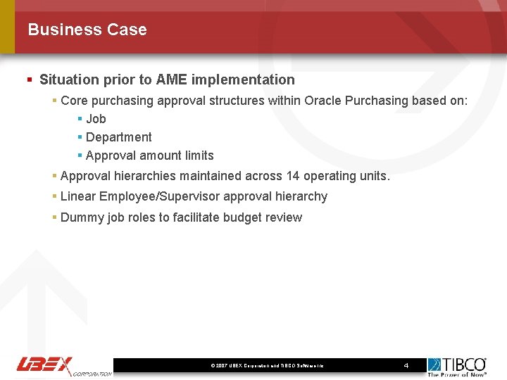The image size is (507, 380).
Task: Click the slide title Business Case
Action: (87, 30)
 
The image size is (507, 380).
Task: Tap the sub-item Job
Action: (96, 119)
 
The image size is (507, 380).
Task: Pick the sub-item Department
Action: (118, 137)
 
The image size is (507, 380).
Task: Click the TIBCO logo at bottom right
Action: (457, 366)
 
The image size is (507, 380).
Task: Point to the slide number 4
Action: (406, 365)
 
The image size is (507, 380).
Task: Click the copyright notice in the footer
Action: (267, 366)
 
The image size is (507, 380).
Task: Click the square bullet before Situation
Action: (30, 80)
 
